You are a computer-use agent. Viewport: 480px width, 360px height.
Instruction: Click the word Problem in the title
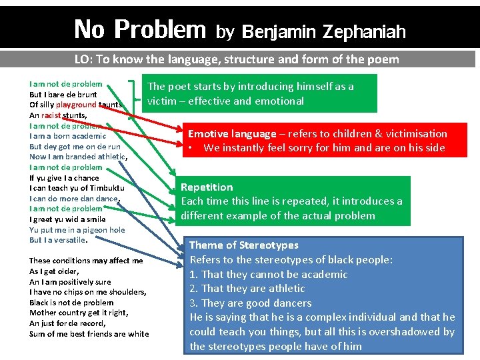(x=160, y=29)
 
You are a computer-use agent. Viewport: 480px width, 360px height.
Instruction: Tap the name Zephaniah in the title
(x=364, y=31)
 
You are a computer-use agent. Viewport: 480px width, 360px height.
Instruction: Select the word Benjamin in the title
(x=279, y=31)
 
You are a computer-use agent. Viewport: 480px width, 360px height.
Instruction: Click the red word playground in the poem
(x=76, y=105)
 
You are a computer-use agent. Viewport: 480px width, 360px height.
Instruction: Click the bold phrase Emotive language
(x=232, y=133)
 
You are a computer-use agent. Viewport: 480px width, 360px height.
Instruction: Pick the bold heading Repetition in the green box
(x=207, y=187)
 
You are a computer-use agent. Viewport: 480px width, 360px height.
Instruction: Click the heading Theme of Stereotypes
(x=244, y=245)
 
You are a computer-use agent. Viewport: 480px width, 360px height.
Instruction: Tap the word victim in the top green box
(x=162, y=101)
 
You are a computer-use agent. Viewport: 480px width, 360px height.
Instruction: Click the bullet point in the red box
(x=191, y=148)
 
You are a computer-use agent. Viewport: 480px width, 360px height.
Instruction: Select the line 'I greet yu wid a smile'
(x=67, y=219)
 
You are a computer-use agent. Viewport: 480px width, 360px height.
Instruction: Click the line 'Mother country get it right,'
(x=73, y=313)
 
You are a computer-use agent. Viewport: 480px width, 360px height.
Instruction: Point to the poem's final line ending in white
(x=89, y=334)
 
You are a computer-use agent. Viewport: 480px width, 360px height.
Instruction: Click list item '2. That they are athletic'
(x=247, y=289)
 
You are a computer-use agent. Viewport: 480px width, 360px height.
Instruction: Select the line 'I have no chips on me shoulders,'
(x=87, y=292)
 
